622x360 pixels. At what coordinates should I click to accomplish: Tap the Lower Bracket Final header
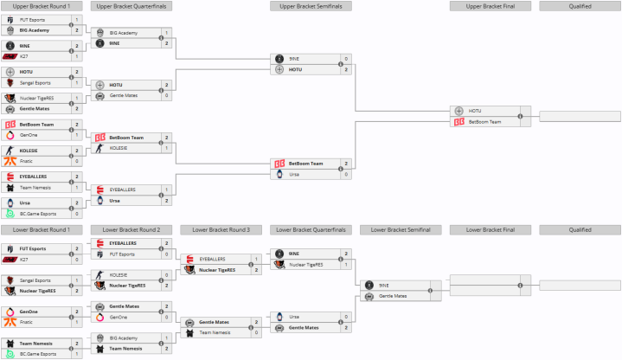click(x=491, y=230)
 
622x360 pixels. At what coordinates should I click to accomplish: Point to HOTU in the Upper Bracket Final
click(x=475, y=111)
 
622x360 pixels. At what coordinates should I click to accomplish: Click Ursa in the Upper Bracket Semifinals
click(x=295, y=174)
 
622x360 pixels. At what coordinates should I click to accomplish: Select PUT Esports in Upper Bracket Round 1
click(x=32, y=19)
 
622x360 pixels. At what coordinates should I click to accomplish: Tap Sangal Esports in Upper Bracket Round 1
click(x=35, y=83)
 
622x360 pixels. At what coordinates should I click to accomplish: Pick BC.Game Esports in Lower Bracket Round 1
click(x=38, y=354)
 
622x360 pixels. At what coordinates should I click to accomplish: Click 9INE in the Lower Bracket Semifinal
click(x=382, y=285)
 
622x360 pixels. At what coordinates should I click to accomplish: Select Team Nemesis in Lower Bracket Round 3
click(x=215, y=332)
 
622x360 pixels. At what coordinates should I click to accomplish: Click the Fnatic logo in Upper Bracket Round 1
click(x=10, y=161)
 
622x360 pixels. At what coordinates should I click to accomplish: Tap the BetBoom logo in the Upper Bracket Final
click(x=458, y=122)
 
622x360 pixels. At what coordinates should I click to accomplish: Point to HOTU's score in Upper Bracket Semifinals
click(x=346, y=69)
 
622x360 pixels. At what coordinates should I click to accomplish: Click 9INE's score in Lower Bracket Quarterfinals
click(x=346, y=253)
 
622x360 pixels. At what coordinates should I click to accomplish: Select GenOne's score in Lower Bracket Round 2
click(x=166, y=316)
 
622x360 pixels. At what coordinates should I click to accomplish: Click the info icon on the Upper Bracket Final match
click(x=521, y=116)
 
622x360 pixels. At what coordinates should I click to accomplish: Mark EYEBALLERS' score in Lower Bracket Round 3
click(x=256, y=259)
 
